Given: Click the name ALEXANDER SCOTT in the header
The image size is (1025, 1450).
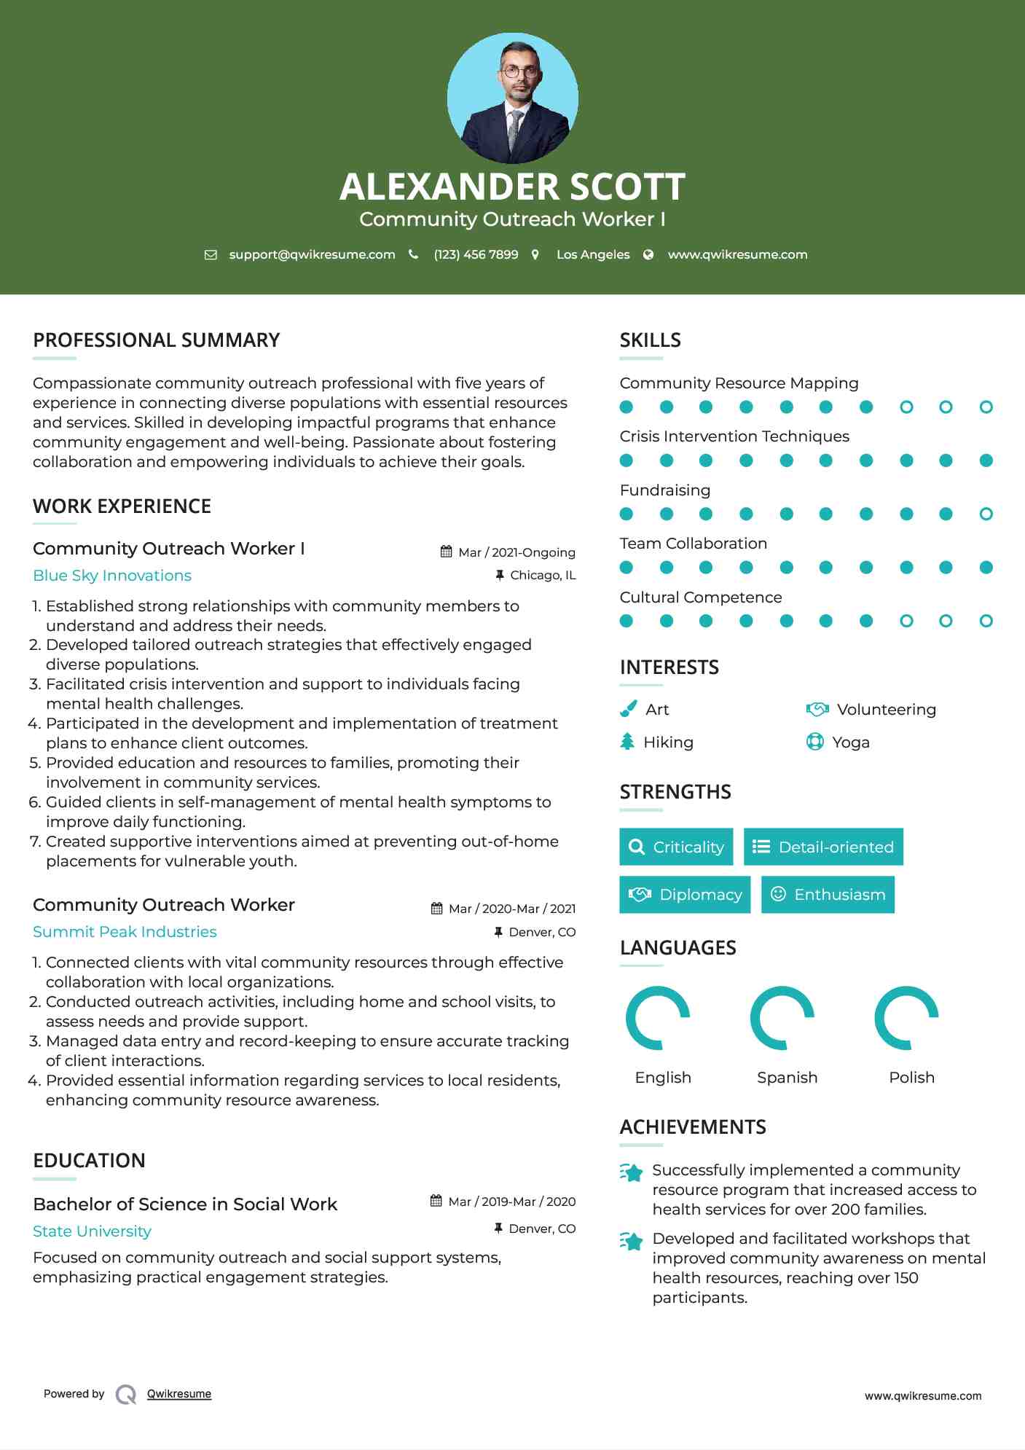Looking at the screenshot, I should [512, 187].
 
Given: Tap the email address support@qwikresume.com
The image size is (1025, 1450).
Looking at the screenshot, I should [312, 254].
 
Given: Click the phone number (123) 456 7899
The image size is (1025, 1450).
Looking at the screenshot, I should [476, 254].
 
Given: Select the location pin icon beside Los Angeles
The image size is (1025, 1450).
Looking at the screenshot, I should [535, 254].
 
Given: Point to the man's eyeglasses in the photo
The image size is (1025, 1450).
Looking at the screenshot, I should [521, 71].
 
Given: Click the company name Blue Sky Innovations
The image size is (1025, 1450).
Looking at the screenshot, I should [112, 576].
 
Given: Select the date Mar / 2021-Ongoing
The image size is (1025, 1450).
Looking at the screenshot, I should [517, 552].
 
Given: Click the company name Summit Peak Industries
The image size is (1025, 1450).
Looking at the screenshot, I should [125, 932].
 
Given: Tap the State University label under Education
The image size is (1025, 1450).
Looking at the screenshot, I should [92, 1231].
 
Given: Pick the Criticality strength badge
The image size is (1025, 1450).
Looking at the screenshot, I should [676, 847].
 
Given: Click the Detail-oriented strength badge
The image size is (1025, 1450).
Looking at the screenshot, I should [823, 847].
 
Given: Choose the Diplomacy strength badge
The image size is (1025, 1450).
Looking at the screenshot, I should [685, 895].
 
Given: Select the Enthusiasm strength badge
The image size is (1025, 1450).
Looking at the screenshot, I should [828, 895].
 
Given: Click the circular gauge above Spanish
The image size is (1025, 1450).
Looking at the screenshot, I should [782, 1018].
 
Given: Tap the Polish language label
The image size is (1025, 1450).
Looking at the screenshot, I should [911, 1078].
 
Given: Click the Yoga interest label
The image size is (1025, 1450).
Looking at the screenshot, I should [851, 742].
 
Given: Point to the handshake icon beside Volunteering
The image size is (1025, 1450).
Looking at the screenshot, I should [817, 709].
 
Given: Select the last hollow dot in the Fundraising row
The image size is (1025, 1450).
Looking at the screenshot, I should [986, 514].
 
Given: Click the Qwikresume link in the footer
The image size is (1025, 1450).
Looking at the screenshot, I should [179, 1394].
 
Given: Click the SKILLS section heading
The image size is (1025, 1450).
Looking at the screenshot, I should [650, 340].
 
